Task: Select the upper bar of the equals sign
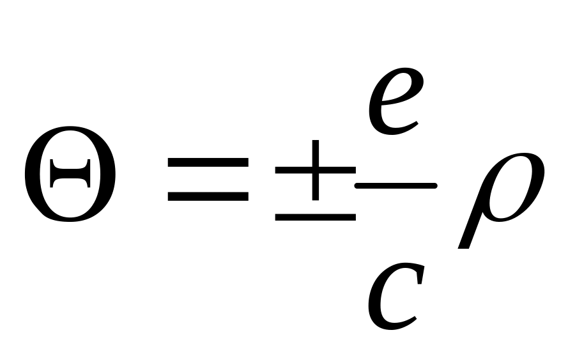(207, 162)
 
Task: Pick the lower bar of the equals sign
(207, 196)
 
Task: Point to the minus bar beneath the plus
(315, 217)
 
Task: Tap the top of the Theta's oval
(70, 139)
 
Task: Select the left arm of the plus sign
(291, 170)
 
